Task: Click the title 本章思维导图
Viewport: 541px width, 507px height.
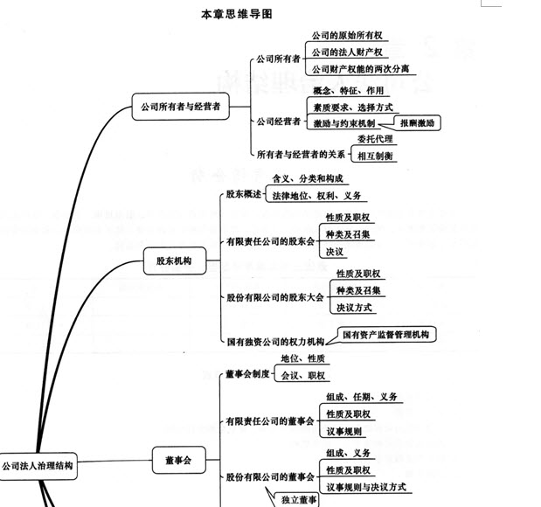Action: coord(237,14)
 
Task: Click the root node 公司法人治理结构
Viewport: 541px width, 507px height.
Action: coord(38,466)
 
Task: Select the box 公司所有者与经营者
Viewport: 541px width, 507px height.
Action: coord(180,107)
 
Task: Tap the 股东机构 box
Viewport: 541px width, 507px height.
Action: coord(175,260)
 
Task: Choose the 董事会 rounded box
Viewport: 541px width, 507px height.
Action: coord(178,460)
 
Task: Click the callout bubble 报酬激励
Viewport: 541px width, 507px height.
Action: coord(417,123)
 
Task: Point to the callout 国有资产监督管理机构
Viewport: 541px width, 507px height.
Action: coord(386,335)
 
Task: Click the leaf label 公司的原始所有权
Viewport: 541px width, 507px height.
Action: coord(347,35)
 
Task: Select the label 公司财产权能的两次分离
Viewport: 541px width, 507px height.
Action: coord(361,69)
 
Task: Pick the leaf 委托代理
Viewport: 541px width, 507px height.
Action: coord(375,139)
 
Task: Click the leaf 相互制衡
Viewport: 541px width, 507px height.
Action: coord(375,156)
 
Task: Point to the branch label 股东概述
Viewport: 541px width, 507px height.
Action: coord(244,194)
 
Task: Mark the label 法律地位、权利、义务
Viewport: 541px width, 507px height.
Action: coord(316,196)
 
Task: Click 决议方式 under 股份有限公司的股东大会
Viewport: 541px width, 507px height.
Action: coord(354,308)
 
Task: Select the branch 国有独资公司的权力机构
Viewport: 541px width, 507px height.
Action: coord(275,342)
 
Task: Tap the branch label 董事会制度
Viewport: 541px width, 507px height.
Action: coord(247,374)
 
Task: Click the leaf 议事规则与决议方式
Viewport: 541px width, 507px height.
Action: coord(366,487)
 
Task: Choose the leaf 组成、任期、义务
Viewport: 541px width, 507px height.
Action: coord(362,397)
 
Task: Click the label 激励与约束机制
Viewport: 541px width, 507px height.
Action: coord(344,123)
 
